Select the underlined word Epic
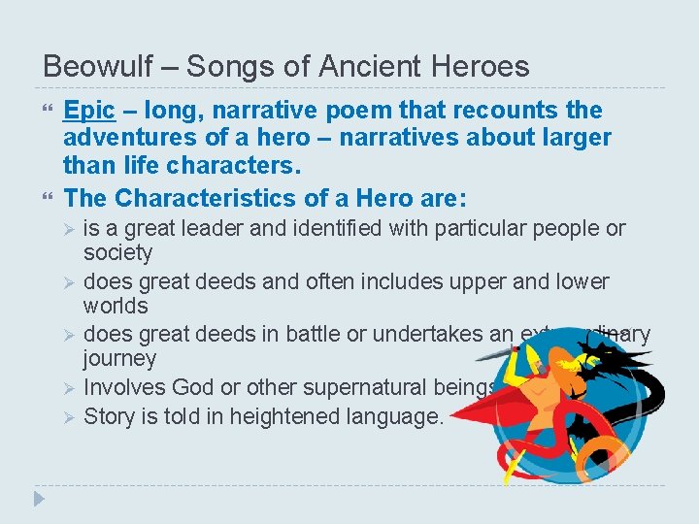[89, 111]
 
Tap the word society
[117, 253]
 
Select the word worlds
[116, 307]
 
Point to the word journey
[119, 359]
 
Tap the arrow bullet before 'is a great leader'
[68, 230]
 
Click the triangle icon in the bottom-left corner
[39, 499]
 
